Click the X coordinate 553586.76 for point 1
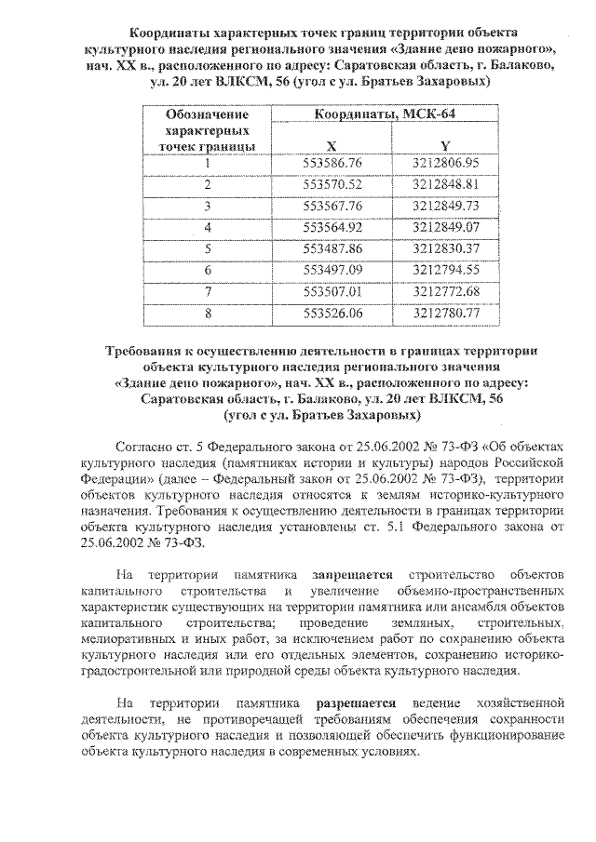[332, 164]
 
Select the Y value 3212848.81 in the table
[445, 185]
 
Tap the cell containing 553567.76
[332, 206]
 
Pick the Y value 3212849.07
[445, 227]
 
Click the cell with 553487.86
[332, 248]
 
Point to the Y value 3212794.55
[445, 270]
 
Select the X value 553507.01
[332, 291]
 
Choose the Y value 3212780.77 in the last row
[445, 313]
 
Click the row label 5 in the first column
[208, 248]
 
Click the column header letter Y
[445, 145]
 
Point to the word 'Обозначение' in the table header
[207, 114]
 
